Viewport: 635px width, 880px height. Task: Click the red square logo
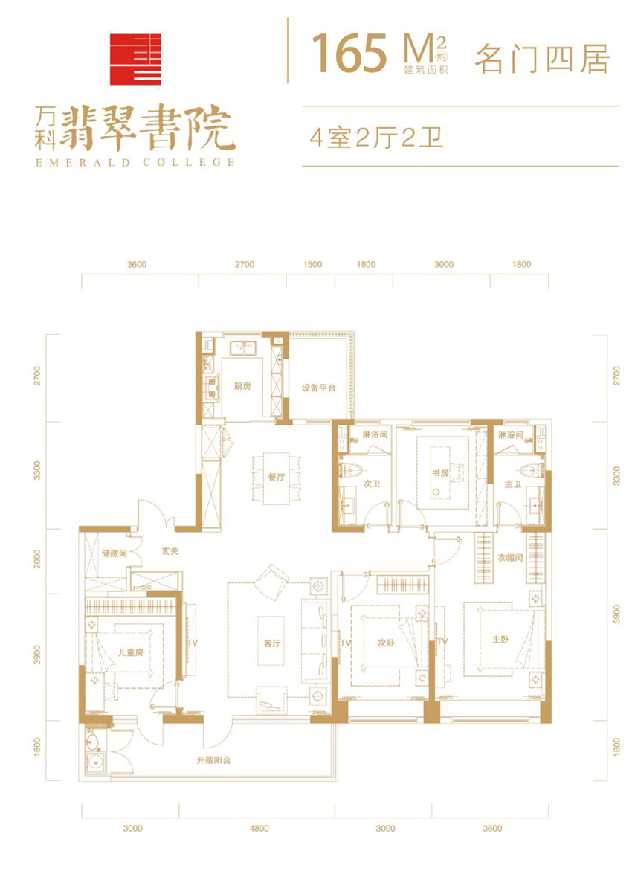pos(135,59)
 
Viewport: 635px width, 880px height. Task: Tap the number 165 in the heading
pos(350,54)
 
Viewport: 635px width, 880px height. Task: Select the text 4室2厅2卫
pos(377,137)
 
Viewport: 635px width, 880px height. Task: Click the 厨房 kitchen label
pos(242,386)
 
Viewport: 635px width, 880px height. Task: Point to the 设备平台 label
pos(319,388)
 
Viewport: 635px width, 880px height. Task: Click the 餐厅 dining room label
pos(276,477)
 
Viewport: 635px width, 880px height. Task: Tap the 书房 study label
pos(440,473)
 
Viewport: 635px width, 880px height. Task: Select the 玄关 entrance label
pos(170,551)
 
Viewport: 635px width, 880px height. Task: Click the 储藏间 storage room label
pos(114,553)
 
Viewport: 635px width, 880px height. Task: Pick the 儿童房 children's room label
pos(131,652)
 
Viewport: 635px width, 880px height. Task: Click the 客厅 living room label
pos(272,643)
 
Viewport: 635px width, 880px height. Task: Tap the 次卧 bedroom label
pos(386,643)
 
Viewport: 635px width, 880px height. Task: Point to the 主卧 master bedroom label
pos(500,639)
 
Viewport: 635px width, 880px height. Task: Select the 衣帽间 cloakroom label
pos(510,558)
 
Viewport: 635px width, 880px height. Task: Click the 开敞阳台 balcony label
pos(213,760)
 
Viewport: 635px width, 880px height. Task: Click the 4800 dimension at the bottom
pos(260,829)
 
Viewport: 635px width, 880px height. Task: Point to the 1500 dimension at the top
pos(312,264)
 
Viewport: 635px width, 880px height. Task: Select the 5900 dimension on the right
pos(617,614)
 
